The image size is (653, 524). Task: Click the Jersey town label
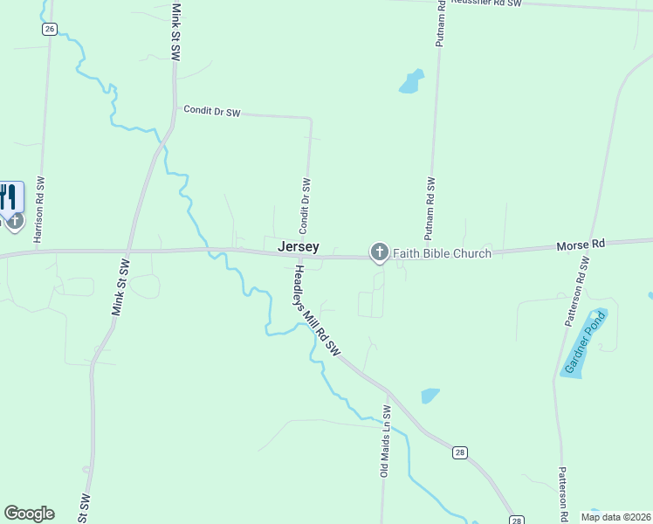point(298,247)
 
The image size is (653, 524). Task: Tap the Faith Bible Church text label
point(442,253)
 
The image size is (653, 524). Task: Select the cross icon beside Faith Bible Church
point(379,252)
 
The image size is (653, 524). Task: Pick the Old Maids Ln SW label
point(383,440)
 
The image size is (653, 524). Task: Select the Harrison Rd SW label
point(39,210)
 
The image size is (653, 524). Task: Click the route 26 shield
point(49,29)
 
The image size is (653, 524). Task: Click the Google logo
point(29,514)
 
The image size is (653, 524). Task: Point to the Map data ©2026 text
point(615,517)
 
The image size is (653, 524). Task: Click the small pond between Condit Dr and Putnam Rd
point(411,81)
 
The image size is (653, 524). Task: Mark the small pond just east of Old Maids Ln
point(430,396)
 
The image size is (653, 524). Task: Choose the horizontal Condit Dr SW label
point(211,112)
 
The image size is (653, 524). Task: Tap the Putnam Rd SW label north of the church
point(430,208)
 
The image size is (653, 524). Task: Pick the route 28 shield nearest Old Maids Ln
point(459,452)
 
